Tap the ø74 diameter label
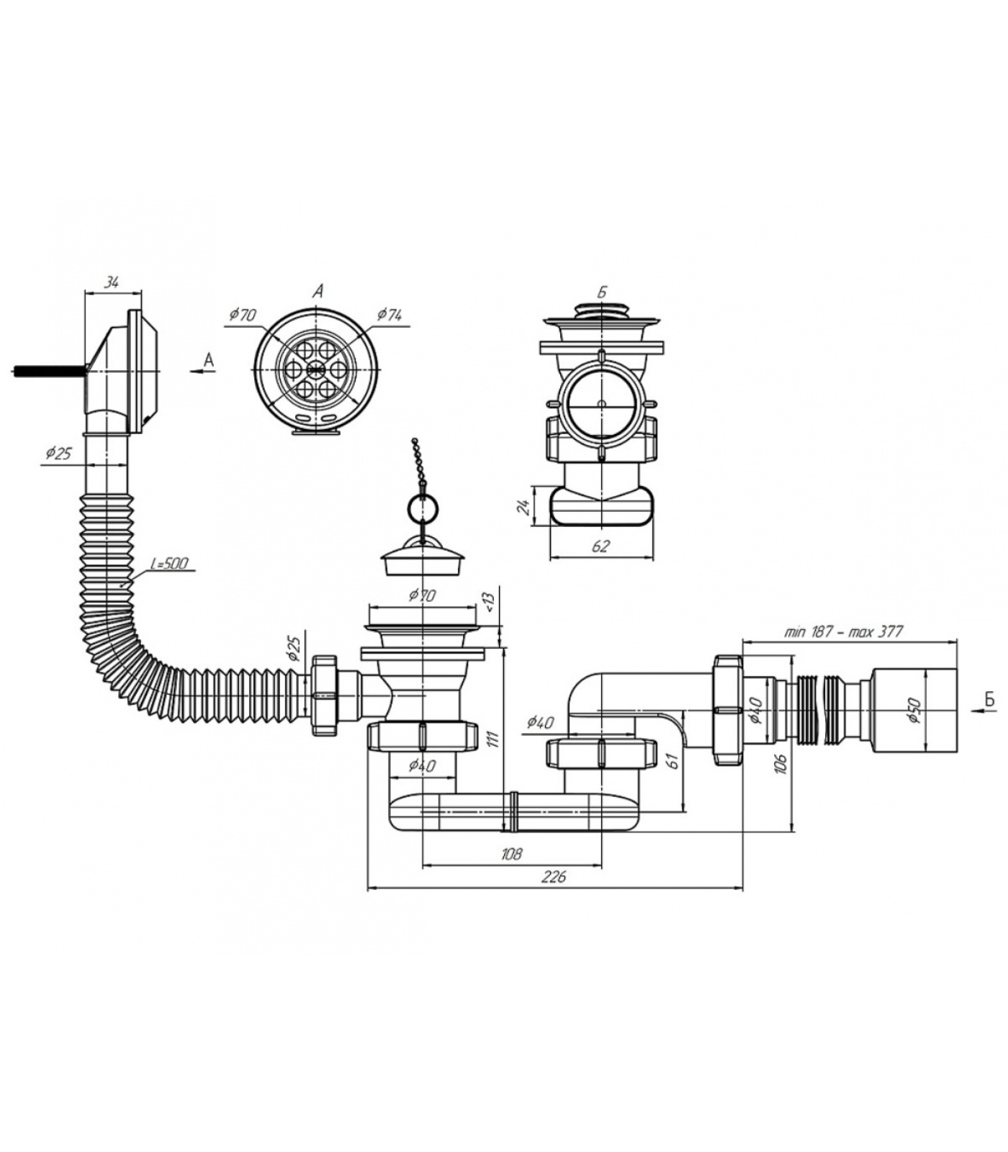[389, 315]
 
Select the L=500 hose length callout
[169, 563]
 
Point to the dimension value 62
[600, 546]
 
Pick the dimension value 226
[555, 876]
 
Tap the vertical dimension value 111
[492, 740]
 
